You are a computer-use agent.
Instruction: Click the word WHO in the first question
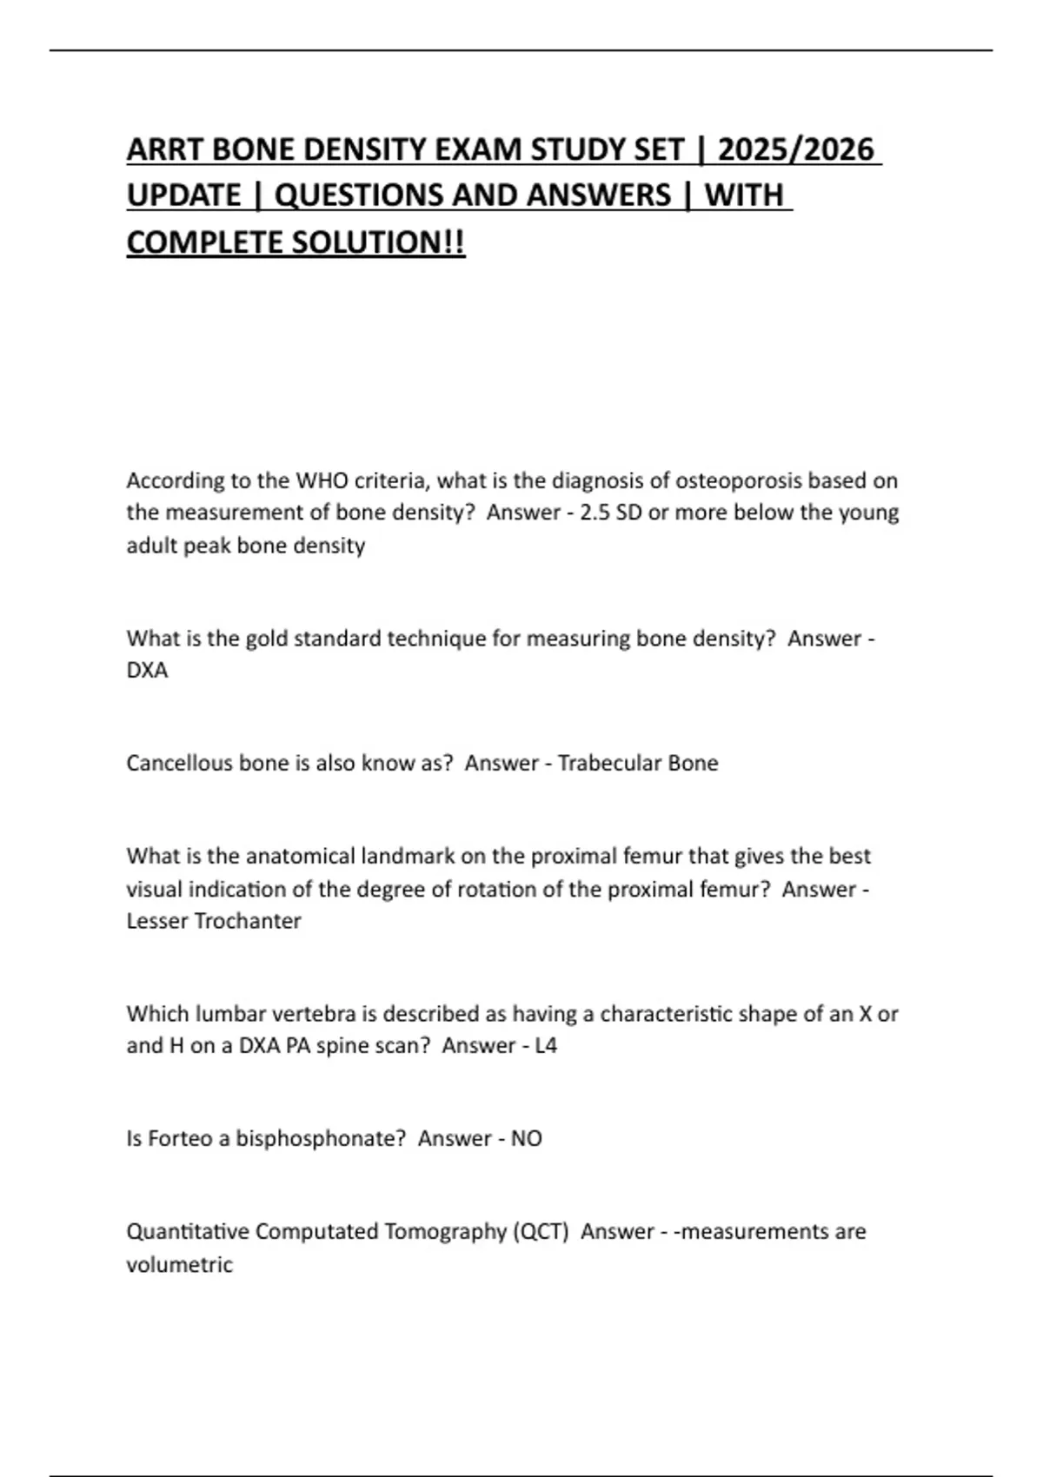(x=321, y=480)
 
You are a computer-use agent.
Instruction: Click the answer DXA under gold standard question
(x=147, y=671)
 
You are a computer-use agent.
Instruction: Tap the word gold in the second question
(x=267, y=639)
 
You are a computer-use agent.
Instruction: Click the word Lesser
(x=156, y=921)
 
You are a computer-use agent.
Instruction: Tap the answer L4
(x=545, y=1045)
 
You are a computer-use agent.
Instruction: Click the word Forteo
(x=180, y=1138)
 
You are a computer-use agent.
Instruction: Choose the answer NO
(x=526, y=1138)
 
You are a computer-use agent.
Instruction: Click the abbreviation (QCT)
(x=541, y=1232)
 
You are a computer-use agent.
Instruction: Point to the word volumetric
(x=179, y=1264)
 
